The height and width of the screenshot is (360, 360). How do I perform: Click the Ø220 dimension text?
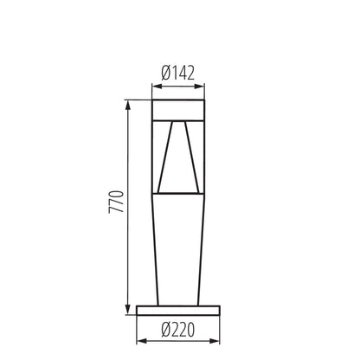179,329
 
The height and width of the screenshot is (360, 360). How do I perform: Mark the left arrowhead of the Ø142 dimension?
157,87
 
